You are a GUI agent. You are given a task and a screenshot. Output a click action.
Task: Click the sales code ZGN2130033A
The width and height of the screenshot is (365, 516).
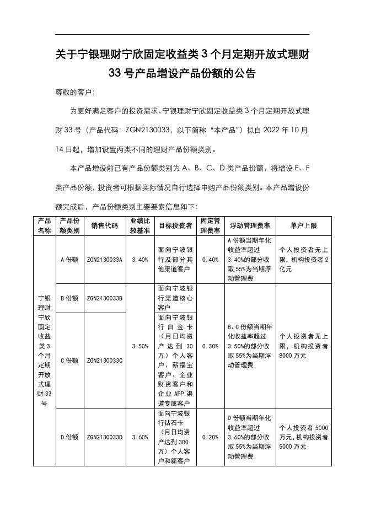coord(104,260)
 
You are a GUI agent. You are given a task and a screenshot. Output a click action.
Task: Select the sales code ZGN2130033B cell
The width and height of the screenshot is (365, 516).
coord(104,298)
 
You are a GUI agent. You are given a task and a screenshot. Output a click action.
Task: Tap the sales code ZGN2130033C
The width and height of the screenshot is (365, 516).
coord(104,361)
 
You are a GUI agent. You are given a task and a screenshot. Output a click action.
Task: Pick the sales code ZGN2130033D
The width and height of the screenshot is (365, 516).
coord(104,437)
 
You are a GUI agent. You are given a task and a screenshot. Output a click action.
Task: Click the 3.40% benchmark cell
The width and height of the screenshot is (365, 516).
coord(140,260)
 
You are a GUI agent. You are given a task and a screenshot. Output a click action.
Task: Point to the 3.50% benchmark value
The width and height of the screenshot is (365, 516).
coord(140,346)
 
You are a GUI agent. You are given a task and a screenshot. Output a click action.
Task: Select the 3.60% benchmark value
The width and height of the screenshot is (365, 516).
coord(140,437)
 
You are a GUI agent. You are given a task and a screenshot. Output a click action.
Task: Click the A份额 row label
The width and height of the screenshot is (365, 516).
coord(69,260)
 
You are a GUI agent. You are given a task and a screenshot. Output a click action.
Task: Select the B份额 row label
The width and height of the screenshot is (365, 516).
coord(69,298)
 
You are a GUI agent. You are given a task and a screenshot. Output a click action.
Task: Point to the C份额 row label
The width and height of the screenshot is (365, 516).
coord(69,361)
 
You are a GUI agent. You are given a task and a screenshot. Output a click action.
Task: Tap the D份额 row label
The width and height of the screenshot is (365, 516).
coord(69,437)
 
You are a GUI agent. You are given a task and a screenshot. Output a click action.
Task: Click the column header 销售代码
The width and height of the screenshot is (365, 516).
coord(104,225)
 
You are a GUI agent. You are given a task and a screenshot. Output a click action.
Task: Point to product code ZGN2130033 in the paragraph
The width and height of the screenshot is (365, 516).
coord(146,131)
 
